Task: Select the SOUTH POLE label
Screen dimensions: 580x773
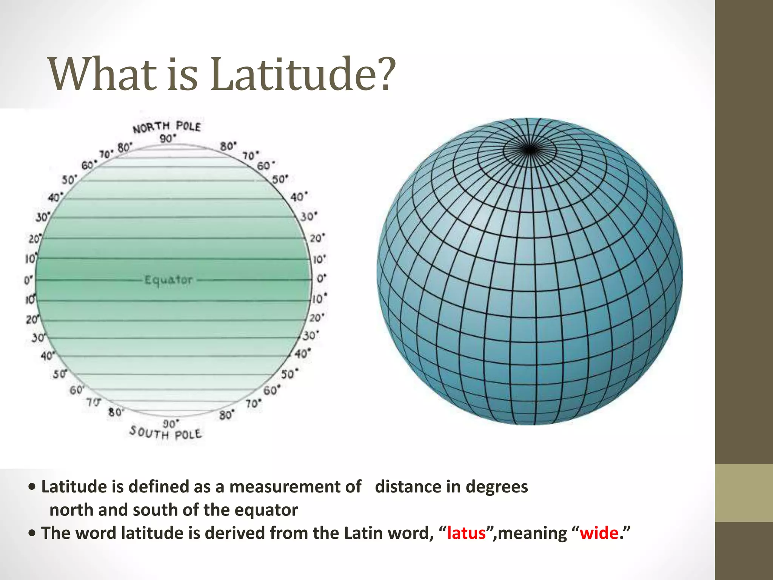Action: point(165,433)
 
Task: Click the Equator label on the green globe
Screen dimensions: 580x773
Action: point(169,280)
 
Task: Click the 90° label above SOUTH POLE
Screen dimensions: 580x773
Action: point(171,423)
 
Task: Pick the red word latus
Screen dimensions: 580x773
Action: point(466,533)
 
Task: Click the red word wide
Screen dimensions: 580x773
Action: point(599,533)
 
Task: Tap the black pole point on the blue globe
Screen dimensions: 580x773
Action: point(530,150)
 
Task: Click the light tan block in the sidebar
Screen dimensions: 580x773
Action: point(744,493)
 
